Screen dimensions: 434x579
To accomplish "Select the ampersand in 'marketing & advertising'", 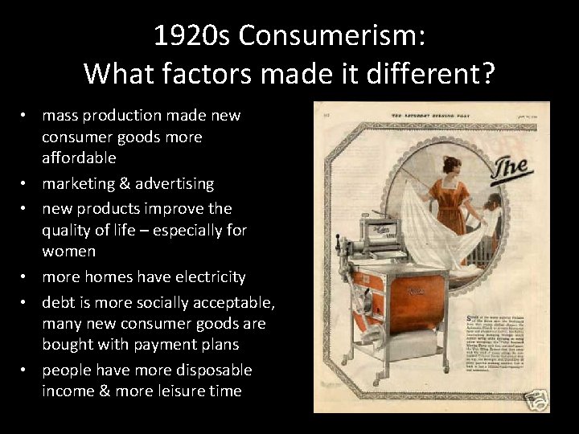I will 116,184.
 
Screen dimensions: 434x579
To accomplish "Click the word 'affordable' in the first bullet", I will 79,158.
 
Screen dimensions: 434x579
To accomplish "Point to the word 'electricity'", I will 207,277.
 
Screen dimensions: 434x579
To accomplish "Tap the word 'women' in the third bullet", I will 69,251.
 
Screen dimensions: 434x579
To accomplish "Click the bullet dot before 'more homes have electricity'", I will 26,277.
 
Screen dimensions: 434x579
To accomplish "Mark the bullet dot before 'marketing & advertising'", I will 26,184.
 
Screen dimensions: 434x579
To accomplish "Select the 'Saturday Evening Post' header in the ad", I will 430,114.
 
